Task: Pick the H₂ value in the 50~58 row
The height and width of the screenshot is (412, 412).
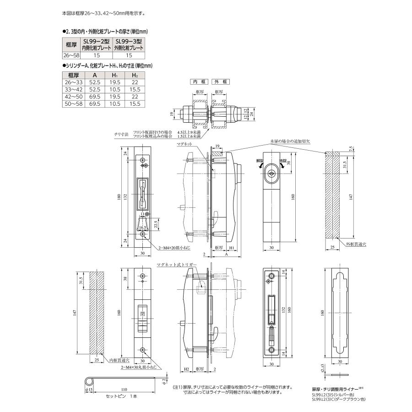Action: point(134,104)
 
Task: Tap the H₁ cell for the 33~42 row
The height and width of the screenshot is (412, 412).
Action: point(115,91)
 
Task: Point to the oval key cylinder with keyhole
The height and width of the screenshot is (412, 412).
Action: point(271,173)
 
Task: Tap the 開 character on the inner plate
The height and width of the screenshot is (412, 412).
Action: point(141,315)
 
